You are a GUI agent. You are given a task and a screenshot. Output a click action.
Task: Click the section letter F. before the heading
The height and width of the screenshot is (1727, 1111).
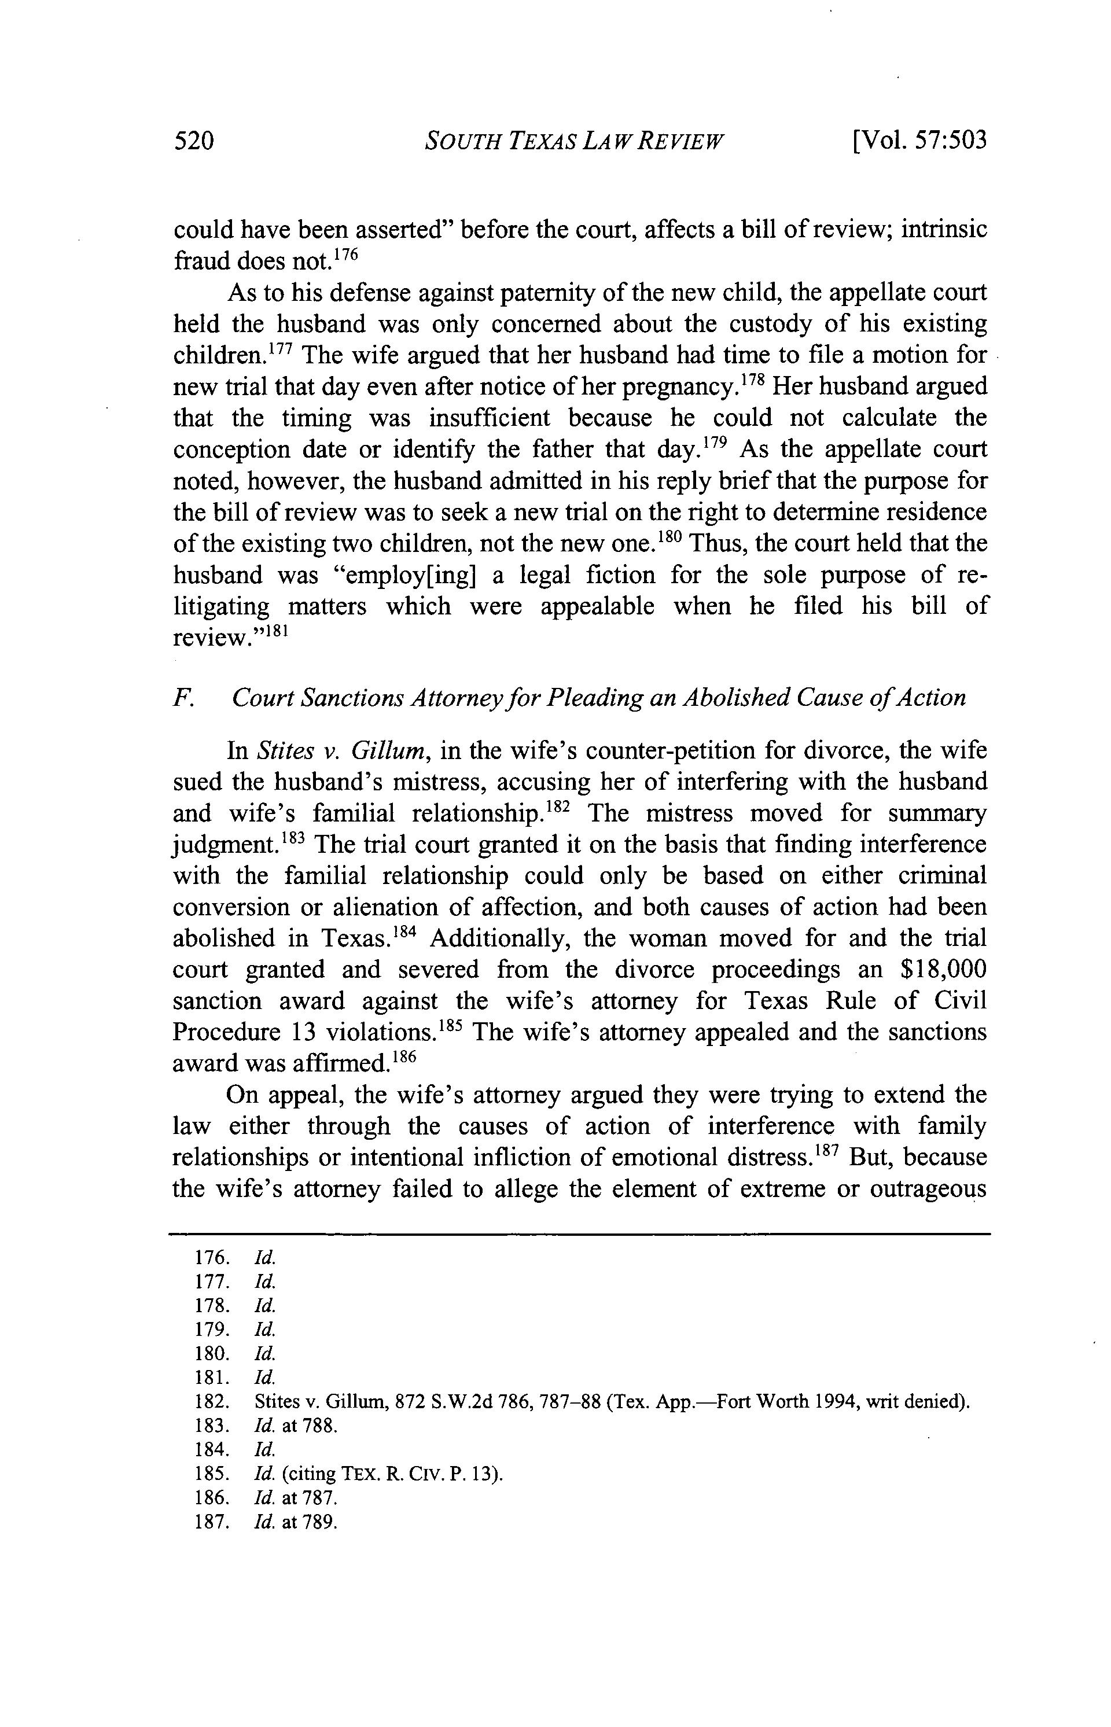[181, 698]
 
